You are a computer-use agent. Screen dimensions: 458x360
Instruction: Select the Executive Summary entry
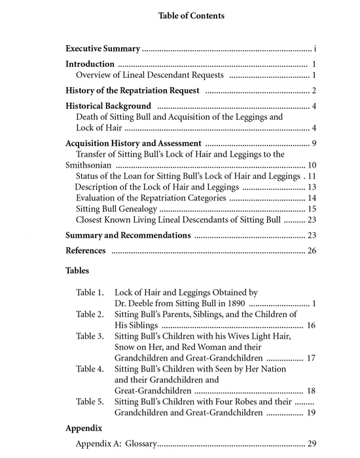pos(103,49)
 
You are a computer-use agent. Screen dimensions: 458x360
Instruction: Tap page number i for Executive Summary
pos(315,49)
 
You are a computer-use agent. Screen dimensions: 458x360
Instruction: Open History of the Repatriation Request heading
pos(134,90)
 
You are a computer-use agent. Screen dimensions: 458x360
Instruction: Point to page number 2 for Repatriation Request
pos(314,90)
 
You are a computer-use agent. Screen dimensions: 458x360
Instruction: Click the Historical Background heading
pos(109,106)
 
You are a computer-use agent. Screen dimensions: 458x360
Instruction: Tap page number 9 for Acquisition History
pos(314,143)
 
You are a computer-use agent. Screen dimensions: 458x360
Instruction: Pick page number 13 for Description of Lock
pos(312,187)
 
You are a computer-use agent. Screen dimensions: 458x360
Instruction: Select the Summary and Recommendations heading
pos(128,235)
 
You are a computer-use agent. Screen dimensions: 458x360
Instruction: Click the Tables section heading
pos(78,270)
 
